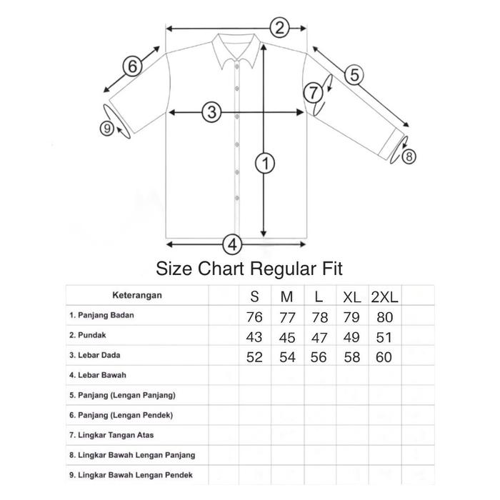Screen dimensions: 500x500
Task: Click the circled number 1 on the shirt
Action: pyautogui.click(x=265, y=164)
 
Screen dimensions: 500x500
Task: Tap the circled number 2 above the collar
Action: pyautogui.click(x=280, y=29)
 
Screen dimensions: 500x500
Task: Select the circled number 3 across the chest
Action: pyautogui.click(x=211, y=112)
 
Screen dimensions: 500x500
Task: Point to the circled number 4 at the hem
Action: pyautogui.click(x=231, y=244)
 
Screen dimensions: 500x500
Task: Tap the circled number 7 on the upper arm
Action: pyautogui.click(x=313, y=92)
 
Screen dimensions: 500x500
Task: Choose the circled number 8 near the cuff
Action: pyautogui.click(x=408, y=156)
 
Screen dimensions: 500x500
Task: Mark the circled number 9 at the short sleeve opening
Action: pyautogui.click(x=108, y=129)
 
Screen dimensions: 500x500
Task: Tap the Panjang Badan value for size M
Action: pyautogui.click(x=288, y=317)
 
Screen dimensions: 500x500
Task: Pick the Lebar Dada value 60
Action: pyautogui.click(x=384, y=358)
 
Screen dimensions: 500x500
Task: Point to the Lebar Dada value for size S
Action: pyautogui.click(x=255, y=358)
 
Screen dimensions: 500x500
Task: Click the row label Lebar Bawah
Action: pyautogui.click(x=93, y=374)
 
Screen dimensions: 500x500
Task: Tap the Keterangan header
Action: pyautogui.click(x=136, y=294)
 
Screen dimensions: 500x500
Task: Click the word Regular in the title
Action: pyautogui.click(x=277, y=269)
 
